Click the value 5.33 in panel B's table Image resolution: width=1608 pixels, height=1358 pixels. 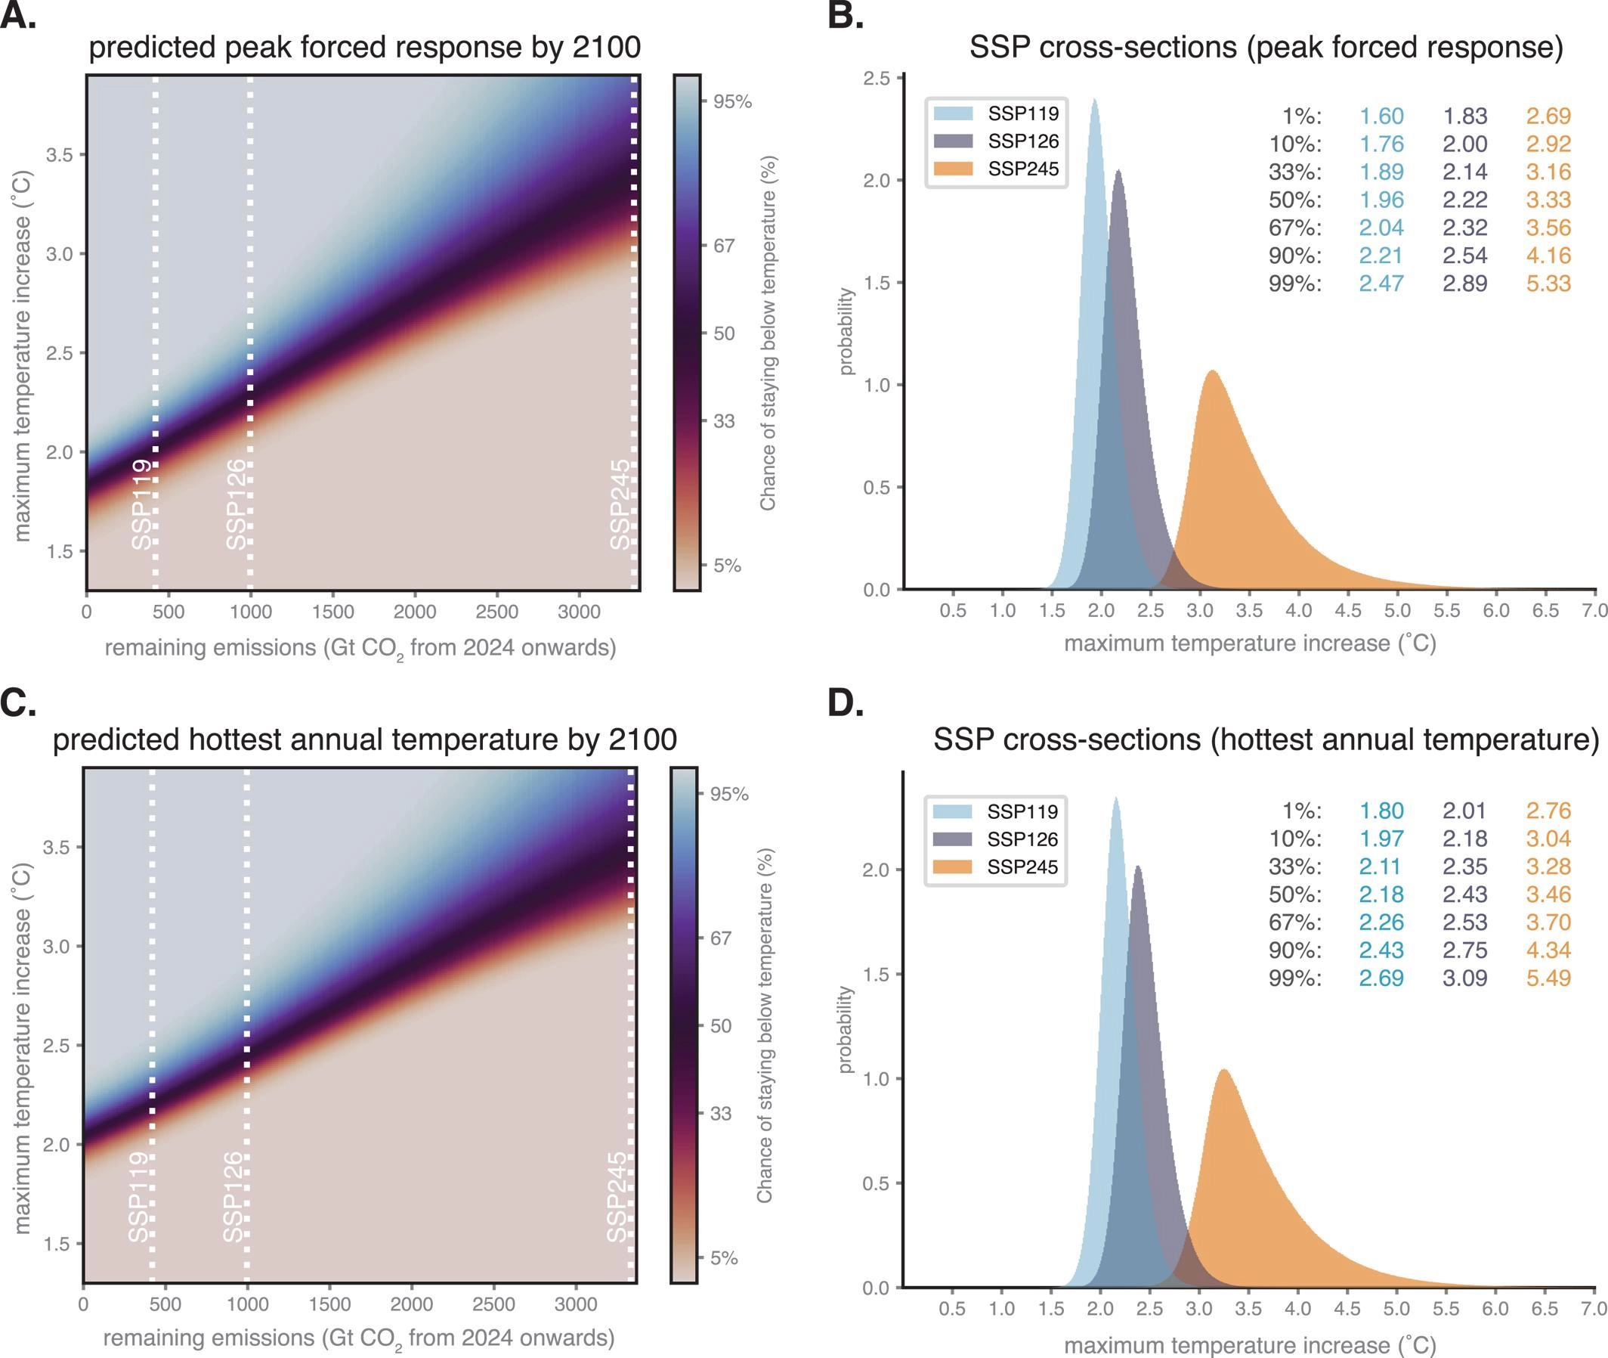click(x=1548, y=284)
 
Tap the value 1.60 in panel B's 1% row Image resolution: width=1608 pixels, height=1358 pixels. click(x=1381, y=116)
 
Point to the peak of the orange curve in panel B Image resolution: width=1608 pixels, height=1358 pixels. click(x=1212, y=372)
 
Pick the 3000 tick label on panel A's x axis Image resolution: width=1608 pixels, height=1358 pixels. click(x=579, y=612)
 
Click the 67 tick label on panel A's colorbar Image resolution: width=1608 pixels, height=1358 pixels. click(x=724, y=246)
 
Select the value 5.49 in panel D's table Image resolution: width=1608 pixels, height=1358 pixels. click(x=1548, y=978)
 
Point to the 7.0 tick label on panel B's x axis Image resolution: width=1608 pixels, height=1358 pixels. click(x=1595, y=610)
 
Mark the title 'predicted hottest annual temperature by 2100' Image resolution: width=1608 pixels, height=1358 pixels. click(x=365, y=739)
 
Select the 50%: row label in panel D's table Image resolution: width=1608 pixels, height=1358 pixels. click(x=1295, y=894)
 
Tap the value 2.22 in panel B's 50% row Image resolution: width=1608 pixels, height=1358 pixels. click(x=1465, y=200)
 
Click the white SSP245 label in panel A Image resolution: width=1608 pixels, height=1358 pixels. click(x=620, y=504)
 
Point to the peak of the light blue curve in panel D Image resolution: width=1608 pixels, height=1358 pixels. click(x=1115, y=798)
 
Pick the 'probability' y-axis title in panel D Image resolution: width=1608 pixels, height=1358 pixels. click(x=846, y=1029)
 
